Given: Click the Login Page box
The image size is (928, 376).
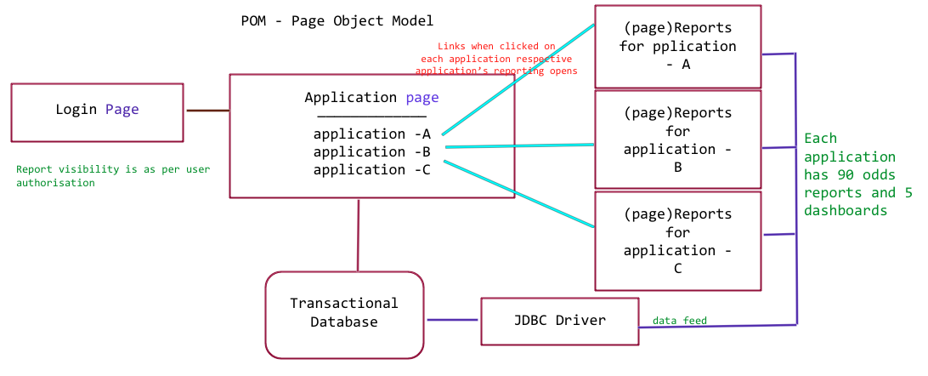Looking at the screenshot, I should [97, 111].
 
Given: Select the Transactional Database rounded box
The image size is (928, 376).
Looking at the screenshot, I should [343, 314].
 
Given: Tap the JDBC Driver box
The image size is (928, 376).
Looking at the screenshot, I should [559, 321].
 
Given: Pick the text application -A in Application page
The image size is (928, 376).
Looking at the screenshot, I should [371, 134].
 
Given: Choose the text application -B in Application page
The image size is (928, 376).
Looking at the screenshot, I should [371, 151].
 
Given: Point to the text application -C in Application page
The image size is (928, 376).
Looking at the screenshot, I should [371, 169].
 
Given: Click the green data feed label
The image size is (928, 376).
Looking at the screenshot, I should [679, 321].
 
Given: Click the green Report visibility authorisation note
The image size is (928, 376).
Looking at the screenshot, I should [112, 175].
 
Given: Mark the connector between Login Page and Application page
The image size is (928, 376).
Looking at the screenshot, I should [207, 111].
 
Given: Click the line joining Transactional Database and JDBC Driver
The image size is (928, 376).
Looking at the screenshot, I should [453, 320].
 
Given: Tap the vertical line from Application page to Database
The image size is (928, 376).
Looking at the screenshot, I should [359, 235].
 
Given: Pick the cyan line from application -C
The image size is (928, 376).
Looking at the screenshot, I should [518, 197].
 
